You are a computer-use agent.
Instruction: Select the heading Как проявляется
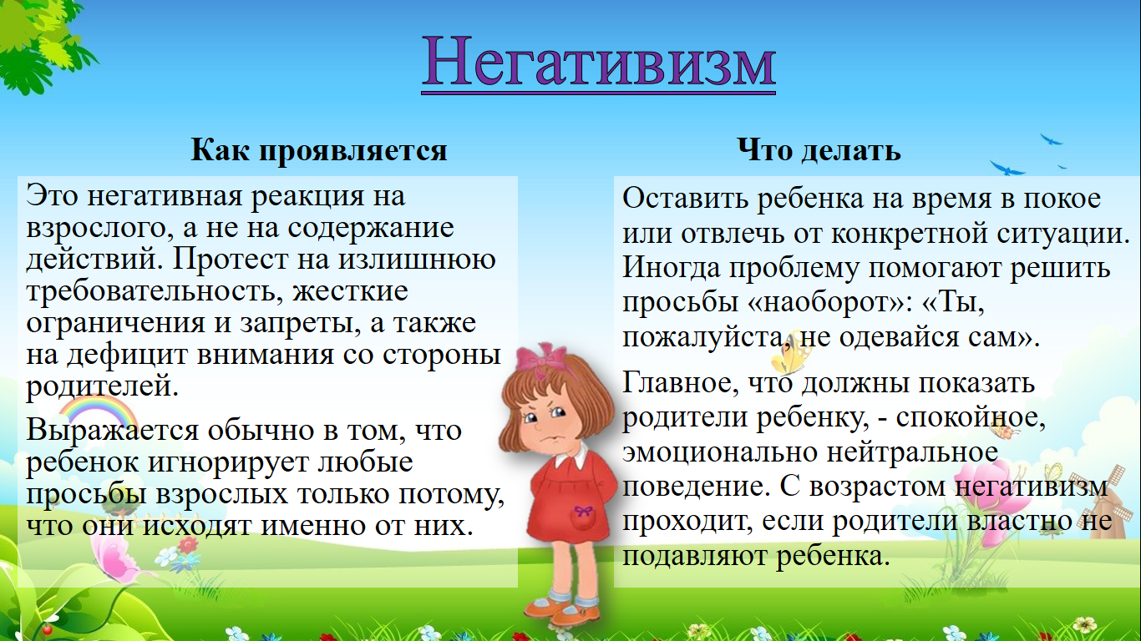coord(319,151)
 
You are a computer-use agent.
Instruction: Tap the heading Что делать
coord(819,151)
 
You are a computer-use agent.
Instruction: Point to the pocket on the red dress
coord(583,517)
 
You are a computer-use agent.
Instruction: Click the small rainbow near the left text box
coord(97,413)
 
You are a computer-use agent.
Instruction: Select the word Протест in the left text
coord(231,259)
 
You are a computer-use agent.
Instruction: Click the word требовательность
coord(155,292)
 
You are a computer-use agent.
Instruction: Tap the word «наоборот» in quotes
coord(831,302)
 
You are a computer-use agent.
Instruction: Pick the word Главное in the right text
coord(681,383)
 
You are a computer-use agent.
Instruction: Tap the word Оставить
coord(685,199)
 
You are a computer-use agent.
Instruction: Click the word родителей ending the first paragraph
coord(102,386)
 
